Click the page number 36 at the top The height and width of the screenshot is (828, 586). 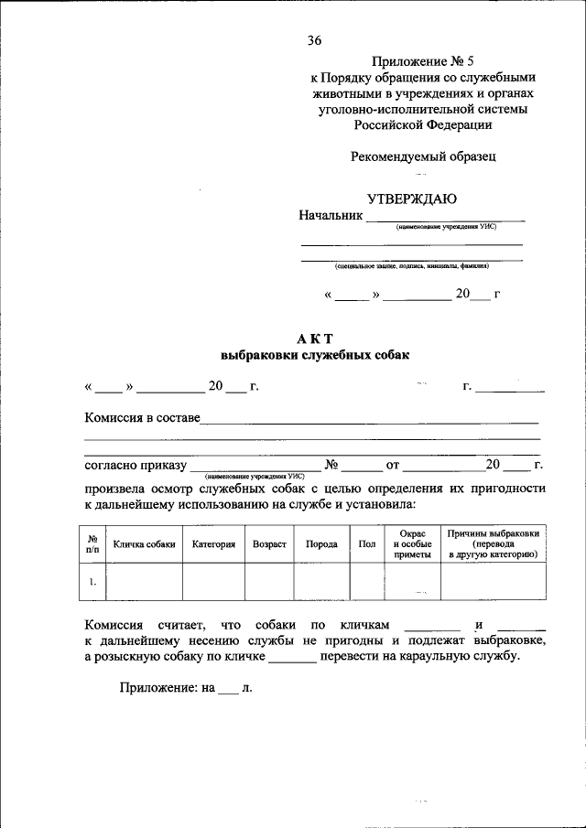[x=315, y=39]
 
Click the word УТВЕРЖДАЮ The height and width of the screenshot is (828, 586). [x=411, y=199]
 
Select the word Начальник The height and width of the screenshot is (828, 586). [x=331, y=215]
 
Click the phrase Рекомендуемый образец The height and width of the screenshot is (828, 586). [x=423, y=156]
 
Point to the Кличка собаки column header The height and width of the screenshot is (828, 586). [x=144, y=543]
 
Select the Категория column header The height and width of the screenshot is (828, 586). [x=214, y=543]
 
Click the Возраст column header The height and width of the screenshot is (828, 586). [x=270, y=543]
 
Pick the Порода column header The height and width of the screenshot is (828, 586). [x=321, y=543]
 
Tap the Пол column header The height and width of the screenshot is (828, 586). [x=367, y=543]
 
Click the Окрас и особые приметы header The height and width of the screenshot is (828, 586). [x=412, y=543]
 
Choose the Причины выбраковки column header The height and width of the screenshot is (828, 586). [x=494, y=543]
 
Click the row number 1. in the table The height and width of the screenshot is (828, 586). [x=93, y=580]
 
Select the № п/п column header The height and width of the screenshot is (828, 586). [x=93, y=543]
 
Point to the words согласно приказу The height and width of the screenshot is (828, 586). [x=136, y=465]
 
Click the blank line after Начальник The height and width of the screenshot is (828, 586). [x=445, y=218]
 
